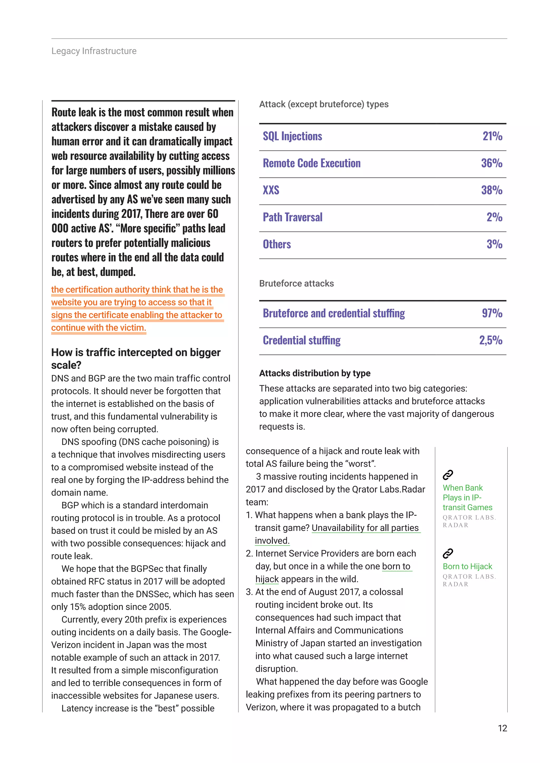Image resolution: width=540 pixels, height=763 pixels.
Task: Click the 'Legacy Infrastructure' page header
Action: pyautogui.click(x=94, y=51)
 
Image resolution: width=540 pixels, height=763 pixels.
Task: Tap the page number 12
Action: pyautogui.click(x=502, y=728)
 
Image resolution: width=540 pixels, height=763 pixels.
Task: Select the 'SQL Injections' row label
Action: pyautogui.click(x=292, y=136)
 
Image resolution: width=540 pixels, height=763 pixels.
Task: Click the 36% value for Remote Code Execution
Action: pyautogui.click(x=491, y=163)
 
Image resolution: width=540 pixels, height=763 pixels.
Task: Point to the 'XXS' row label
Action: pyautogui.click(x=271, y=190)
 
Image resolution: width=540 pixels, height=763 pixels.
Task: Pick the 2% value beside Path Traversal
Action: pyautogui.click(x=494, y=217)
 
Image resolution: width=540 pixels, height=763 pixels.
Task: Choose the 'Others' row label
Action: pyautogui.click(x=277, y=244)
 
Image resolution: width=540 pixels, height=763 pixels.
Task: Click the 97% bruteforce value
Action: pyautogui.click(x=492, y=313)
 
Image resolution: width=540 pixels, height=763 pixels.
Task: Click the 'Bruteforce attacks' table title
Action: pyautogui.click(x=296, y=283)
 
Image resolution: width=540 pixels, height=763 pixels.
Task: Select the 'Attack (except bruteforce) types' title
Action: pyautogui.click(x=324, y=104)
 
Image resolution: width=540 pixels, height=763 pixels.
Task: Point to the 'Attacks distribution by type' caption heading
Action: pyautogui.click(x=315, y=373)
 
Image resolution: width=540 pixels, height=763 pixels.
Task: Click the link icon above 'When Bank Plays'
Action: pyautogui.click(x=447, y=475)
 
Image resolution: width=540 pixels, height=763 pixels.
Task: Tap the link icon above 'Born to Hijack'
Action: pyautogui.click(x=447, y=554)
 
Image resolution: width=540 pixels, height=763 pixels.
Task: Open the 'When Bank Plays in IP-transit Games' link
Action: pyautogui.click(x=467, y=497)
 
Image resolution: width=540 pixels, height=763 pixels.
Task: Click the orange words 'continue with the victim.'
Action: pyautogui.click(x=98, y=328)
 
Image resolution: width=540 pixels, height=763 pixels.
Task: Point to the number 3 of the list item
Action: pyautogui.click(x=248, y=592)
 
